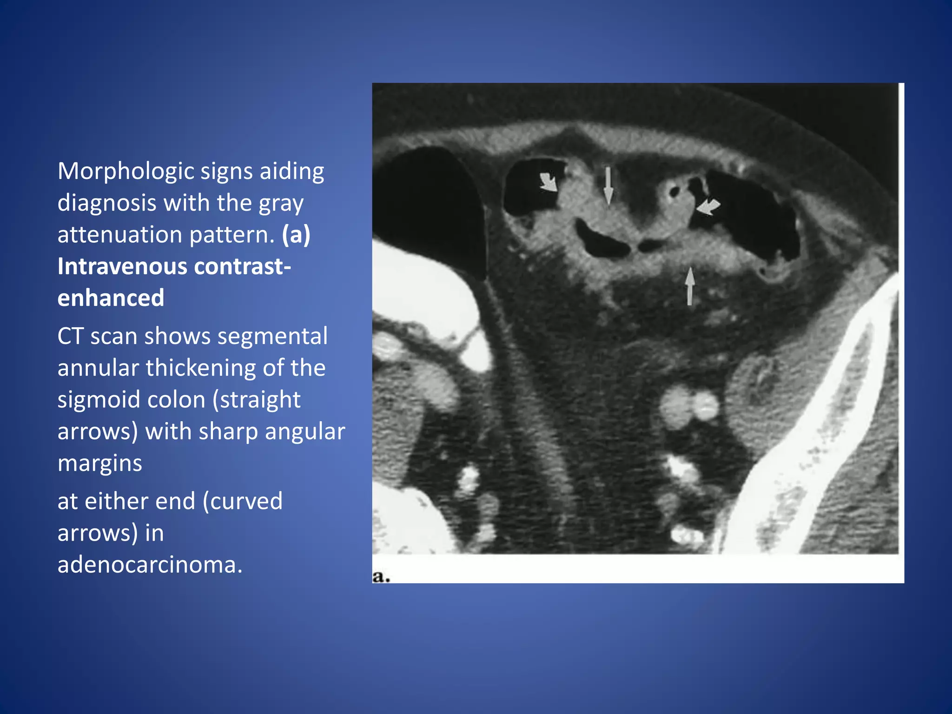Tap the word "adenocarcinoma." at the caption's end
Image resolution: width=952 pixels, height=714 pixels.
pos(150,565)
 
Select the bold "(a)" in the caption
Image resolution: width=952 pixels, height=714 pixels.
pos(296,234)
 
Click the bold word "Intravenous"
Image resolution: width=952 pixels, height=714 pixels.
pos(122,266)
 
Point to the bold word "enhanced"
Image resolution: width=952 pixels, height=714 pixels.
pos(111,298)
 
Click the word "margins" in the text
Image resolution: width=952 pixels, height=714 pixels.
pos(99,463)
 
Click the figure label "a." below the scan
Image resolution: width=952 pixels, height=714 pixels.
pos(381,577)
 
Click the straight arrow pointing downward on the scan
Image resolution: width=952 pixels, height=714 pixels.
pos(608,186)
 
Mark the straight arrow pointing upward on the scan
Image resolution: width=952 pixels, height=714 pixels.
pos(690,286)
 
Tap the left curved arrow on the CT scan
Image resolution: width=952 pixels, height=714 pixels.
pos(549,182)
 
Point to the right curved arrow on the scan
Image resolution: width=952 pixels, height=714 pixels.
pos(708,206)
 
